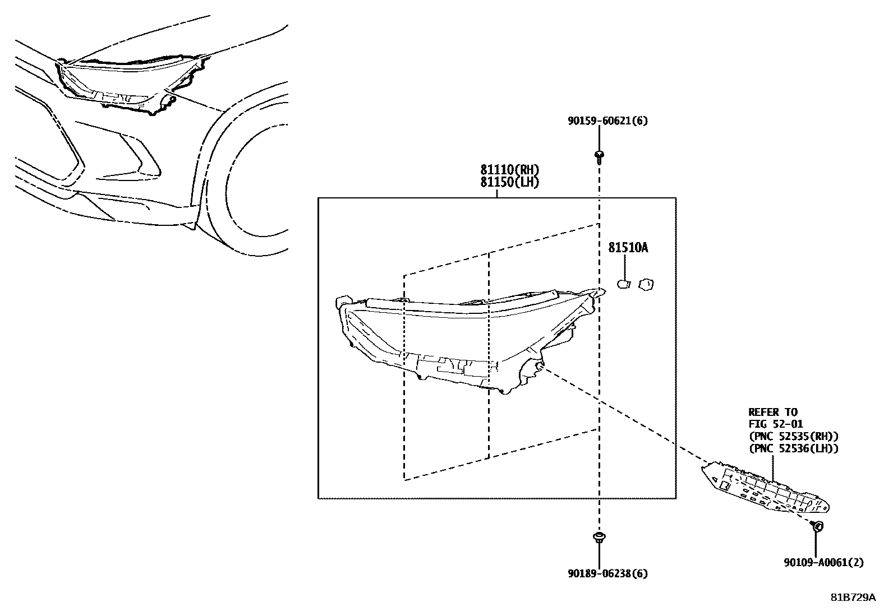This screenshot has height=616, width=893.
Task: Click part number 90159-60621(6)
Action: click(x=599, y=121)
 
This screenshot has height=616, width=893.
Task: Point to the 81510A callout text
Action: click(x=628, y=247)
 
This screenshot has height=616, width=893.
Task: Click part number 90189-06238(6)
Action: click(x=599, y=573)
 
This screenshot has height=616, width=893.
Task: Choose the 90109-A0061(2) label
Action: click(x=824, y=562)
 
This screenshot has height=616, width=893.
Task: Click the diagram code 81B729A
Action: click(x=853, y=598)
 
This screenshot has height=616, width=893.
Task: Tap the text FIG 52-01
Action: click(x=776, y=424)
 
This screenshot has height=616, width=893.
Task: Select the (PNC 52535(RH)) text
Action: click(x=793, y=436)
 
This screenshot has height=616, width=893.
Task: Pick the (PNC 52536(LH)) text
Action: click(x=793, y=448)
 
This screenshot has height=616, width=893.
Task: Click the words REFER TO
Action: click(x=772, y=412)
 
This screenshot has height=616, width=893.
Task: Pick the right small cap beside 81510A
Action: click(x=647, y=284)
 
